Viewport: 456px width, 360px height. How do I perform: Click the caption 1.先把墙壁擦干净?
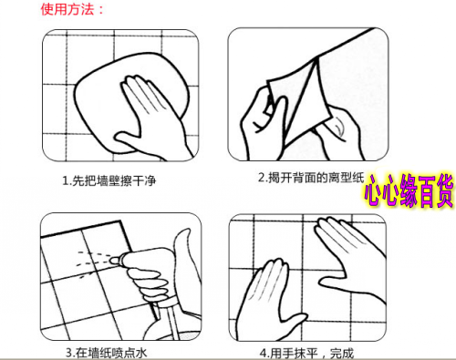(109, 181)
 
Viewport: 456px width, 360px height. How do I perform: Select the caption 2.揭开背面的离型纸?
(311, 178)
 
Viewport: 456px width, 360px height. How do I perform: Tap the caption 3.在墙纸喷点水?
(106, 353)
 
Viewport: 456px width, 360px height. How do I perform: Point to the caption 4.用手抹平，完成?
(307, 354)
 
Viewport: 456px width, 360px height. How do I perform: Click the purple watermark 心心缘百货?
(409, 190)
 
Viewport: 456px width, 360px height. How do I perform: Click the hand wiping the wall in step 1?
(152, 118)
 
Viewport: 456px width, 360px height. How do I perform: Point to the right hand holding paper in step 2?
(340, 134)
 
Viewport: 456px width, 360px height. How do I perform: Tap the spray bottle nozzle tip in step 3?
(112, 260)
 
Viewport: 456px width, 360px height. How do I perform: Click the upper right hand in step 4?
(349, 258)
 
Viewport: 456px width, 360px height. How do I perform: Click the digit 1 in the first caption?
(65, 181)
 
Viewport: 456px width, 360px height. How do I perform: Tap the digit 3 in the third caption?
(69, 354)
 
